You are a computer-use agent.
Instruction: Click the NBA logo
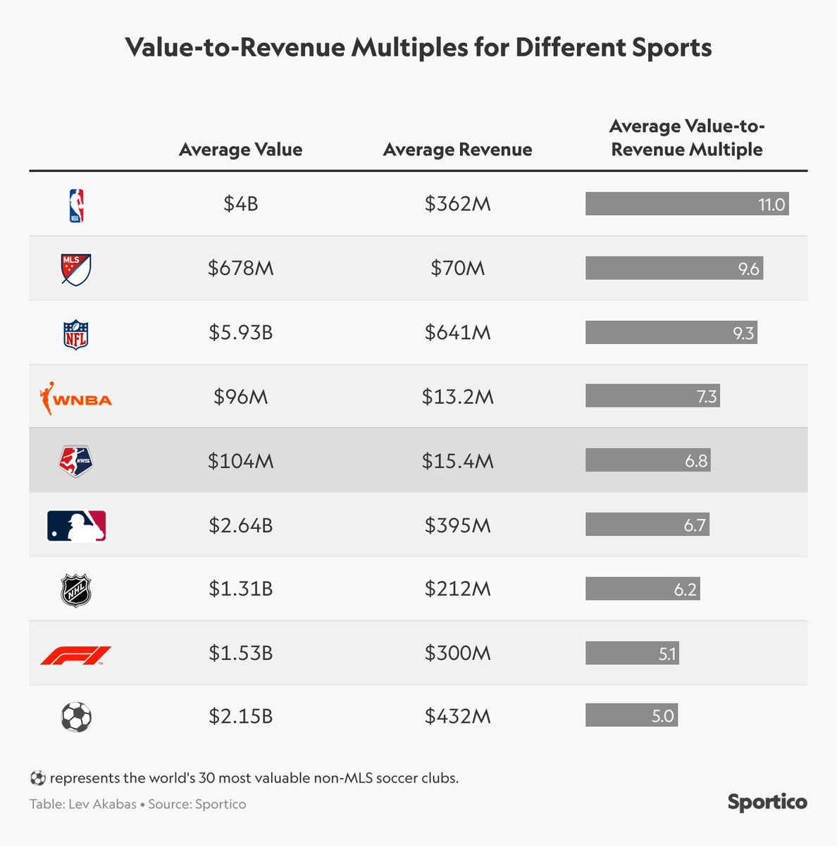coord(76,205)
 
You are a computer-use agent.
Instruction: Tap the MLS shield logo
coord(76,269)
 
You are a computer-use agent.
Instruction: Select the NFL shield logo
coord(76,334)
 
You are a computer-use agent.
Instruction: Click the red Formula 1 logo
coord(76,656)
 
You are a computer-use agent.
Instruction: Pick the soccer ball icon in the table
coord(76,717)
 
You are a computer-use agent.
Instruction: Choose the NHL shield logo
coord(76,590)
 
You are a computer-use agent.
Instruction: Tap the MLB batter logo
coord(76,526)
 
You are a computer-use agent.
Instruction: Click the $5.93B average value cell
coord(240,332)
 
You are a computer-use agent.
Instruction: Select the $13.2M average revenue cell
coord(457,397)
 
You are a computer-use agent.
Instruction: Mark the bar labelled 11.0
coord(686,204)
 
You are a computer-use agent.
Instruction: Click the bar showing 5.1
coord(631,654)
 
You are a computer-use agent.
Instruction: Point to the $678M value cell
coord(240,268)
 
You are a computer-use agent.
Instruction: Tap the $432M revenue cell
coord(457,716)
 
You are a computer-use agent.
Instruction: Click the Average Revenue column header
coord(457,149)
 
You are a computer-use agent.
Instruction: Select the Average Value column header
coord(240,149)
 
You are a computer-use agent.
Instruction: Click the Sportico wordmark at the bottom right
coord(767,802)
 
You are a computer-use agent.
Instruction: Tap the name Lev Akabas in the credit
coord(102,804)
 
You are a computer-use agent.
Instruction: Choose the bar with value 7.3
coord(652,396)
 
